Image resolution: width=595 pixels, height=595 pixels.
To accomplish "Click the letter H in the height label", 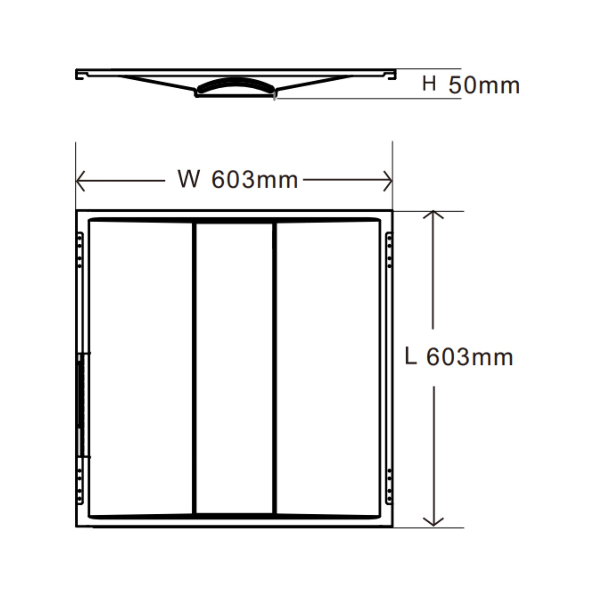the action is coord(429,83).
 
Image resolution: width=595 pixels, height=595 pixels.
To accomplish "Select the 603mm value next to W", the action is coord(255,179).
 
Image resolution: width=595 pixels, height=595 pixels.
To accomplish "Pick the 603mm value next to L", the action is coord(470,357).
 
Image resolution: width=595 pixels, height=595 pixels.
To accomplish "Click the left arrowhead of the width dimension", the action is coord(80,181).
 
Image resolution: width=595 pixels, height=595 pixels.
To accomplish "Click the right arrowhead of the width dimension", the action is coord(388,181).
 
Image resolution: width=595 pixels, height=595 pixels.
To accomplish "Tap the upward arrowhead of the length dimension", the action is coord(433,215).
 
